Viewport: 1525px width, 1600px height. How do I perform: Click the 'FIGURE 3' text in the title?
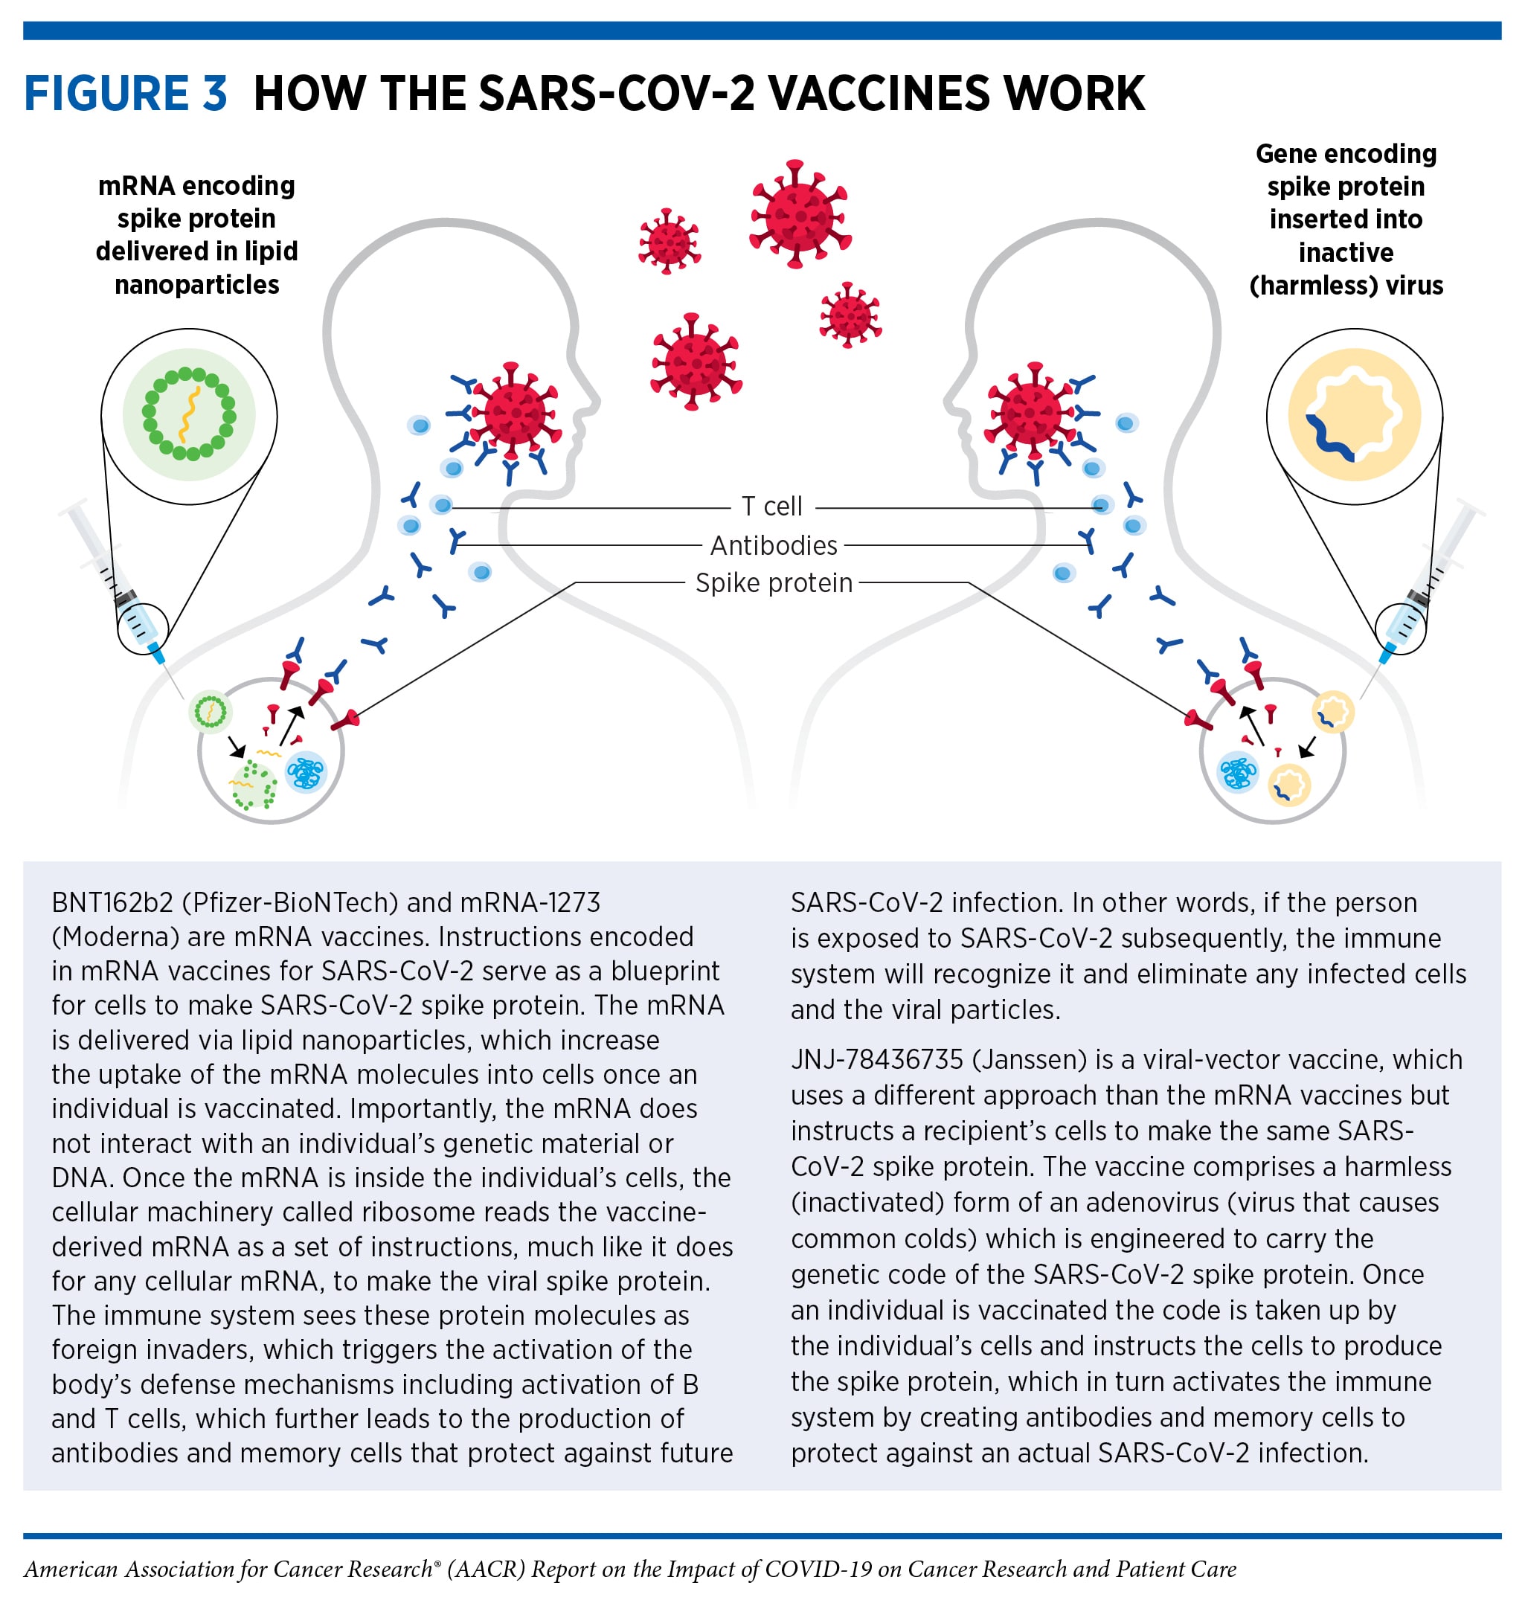tap(125, 93)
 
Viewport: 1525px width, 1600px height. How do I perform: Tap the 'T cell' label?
tap(771, 507)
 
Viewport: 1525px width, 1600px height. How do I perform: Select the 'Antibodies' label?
tap(773, 545)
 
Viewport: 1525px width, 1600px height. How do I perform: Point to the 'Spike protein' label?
tap(773, 583)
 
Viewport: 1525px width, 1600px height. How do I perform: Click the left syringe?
tap(122, 585)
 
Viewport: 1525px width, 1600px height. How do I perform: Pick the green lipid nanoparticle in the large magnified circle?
tap(189, 414)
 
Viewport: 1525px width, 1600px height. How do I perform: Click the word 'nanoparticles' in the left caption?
tap(196, 285)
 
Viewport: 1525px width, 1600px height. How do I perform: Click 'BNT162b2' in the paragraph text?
tap(112, 902)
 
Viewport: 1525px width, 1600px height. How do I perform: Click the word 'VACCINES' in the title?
tap(879, 93)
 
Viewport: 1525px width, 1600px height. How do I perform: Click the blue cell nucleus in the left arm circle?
tap(305, 772)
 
